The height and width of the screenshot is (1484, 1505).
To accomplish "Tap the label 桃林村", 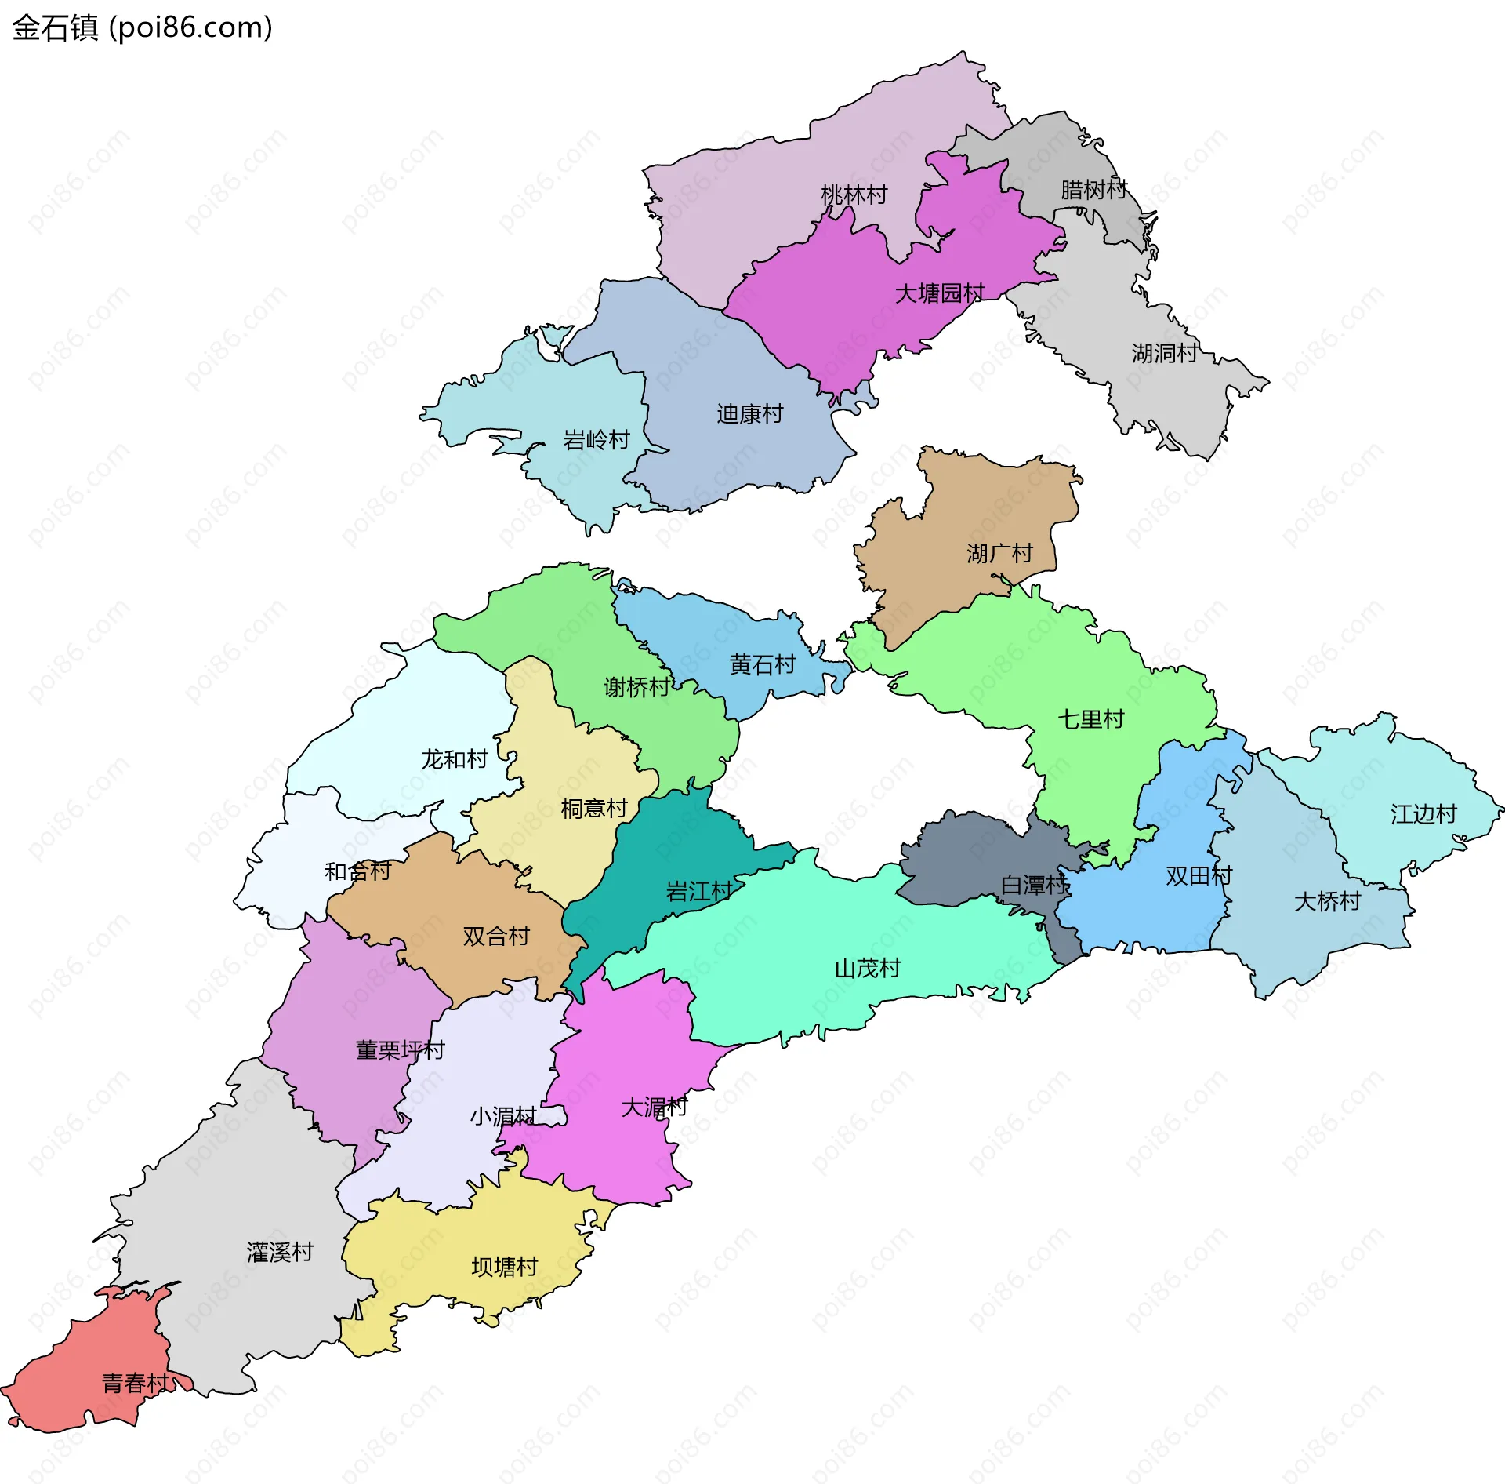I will pyautogui.click(x=854, y=195).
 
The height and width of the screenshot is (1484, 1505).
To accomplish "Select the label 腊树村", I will pyautogui.click(x=1093, y=189).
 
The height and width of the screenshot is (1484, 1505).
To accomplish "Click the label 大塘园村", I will pyautogui.click(x=939, y=293).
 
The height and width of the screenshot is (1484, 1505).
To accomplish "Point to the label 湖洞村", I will pyautogui.click(x=1164, y=353).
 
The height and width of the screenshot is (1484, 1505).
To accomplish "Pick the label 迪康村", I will pyautogui.click(x=749, y=413).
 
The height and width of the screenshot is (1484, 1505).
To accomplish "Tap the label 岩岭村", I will pyautogui.click(x=597, y=439).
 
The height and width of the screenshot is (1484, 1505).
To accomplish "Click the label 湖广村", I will pyautogui.click(x=999, y=553).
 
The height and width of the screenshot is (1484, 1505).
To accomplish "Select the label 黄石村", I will pyautogui.click(x=762, y=664).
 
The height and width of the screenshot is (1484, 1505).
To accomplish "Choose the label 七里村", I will pyautogui.click(x=1090, y=718).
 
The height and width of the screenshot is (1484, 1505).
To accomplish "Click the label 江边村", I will pyautogui.click(x=1423, y=813).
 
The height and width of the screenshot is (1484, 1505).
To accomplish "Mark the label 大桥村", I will pyautogui.click(x=1327, y=901).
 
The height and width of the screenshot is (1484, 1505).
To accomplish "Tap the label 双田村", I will pyautogui.click(x=1199, y=875).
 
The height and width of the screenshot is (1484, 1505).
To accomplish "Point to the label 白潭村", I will pyautogui.click(x=1034, y=885).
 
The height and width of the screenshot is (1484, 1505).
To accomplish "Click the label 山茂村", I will pyautogui.click(x=867, y=968).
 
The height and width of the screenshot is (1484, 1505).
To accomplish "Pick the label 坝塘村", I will pyautogui.click(x=504, y=1266).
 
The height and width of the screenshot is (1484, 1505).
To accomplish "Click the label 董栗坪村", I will pyautogui.click(x=400, y=1049).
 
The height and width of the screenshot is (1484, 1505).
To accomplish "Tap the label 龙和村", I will pyautogui.click(x=454, y=758).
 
